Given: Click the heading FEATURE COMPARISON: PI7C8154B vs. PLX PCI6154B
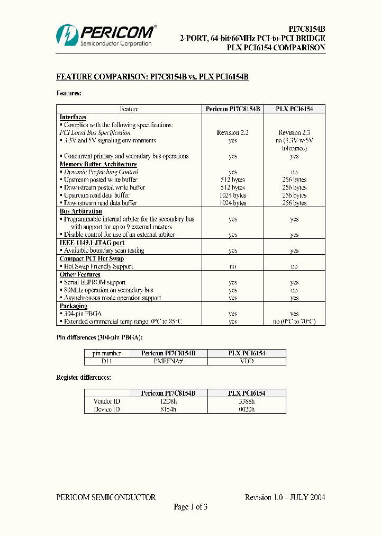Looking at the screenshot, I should pyautogui.click(x=152, y=77).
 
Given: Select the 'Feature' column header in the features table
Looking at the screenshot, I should pyautogui.click(x=129, y=109).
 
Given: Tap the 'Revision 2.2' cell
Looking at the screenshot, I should pyautogui.click(x=233, y=133).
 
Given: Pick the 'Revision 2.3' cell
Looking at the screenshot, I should pyautogui.click(x=294, y=133).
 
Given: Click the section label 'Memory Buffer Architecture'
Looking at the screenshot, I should pyautogui.click(x=98, y=164).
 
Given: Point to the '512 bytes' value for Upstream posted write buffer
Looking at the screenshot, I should pyautogui.click(x=233, y=180).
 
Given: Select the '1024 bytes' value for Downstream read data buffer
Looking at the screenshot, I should pyautogui.click(x=233, y=203).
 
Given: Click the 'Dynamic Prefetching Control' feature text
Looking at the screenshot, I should pyautogui.click(x=101, y=172).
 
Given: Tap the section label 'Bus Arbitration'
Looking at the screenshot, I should pyautogui.click(x=81, y=211).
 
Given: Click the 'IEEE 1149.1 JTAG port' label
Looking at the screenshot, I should pyautogui.click(x=92, y=243).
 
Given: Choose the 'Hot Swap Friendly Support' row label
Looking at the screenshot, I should pyautogui.click(x=98, y=266).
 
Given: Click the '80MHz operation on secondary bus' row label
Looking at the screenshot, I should pyautogui.click(x=108, y=290).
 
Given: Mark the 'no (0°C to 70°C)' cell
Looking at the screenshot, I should pyautogui.click(x=294, y=321).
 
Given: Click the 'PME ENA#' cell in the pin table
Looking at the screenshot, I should pyautogui.click(x=168, y=361).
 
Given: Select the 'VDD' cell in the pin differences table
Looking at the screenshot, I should pyautogui.click(x=247, y=361).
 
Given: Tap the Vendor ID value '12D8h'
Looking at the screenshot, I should pyautogui.click(x=168, y=401).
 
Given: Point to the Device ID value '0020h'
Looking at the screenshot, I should pyautogui.click(x=247, y=409).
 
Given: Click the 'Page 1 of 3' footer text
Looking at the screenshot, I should pyautogui.click(x=190, y=507).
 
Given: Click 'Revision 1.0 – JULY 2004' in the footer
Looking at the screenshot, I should pyautogui.click(x=285, y=497).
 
